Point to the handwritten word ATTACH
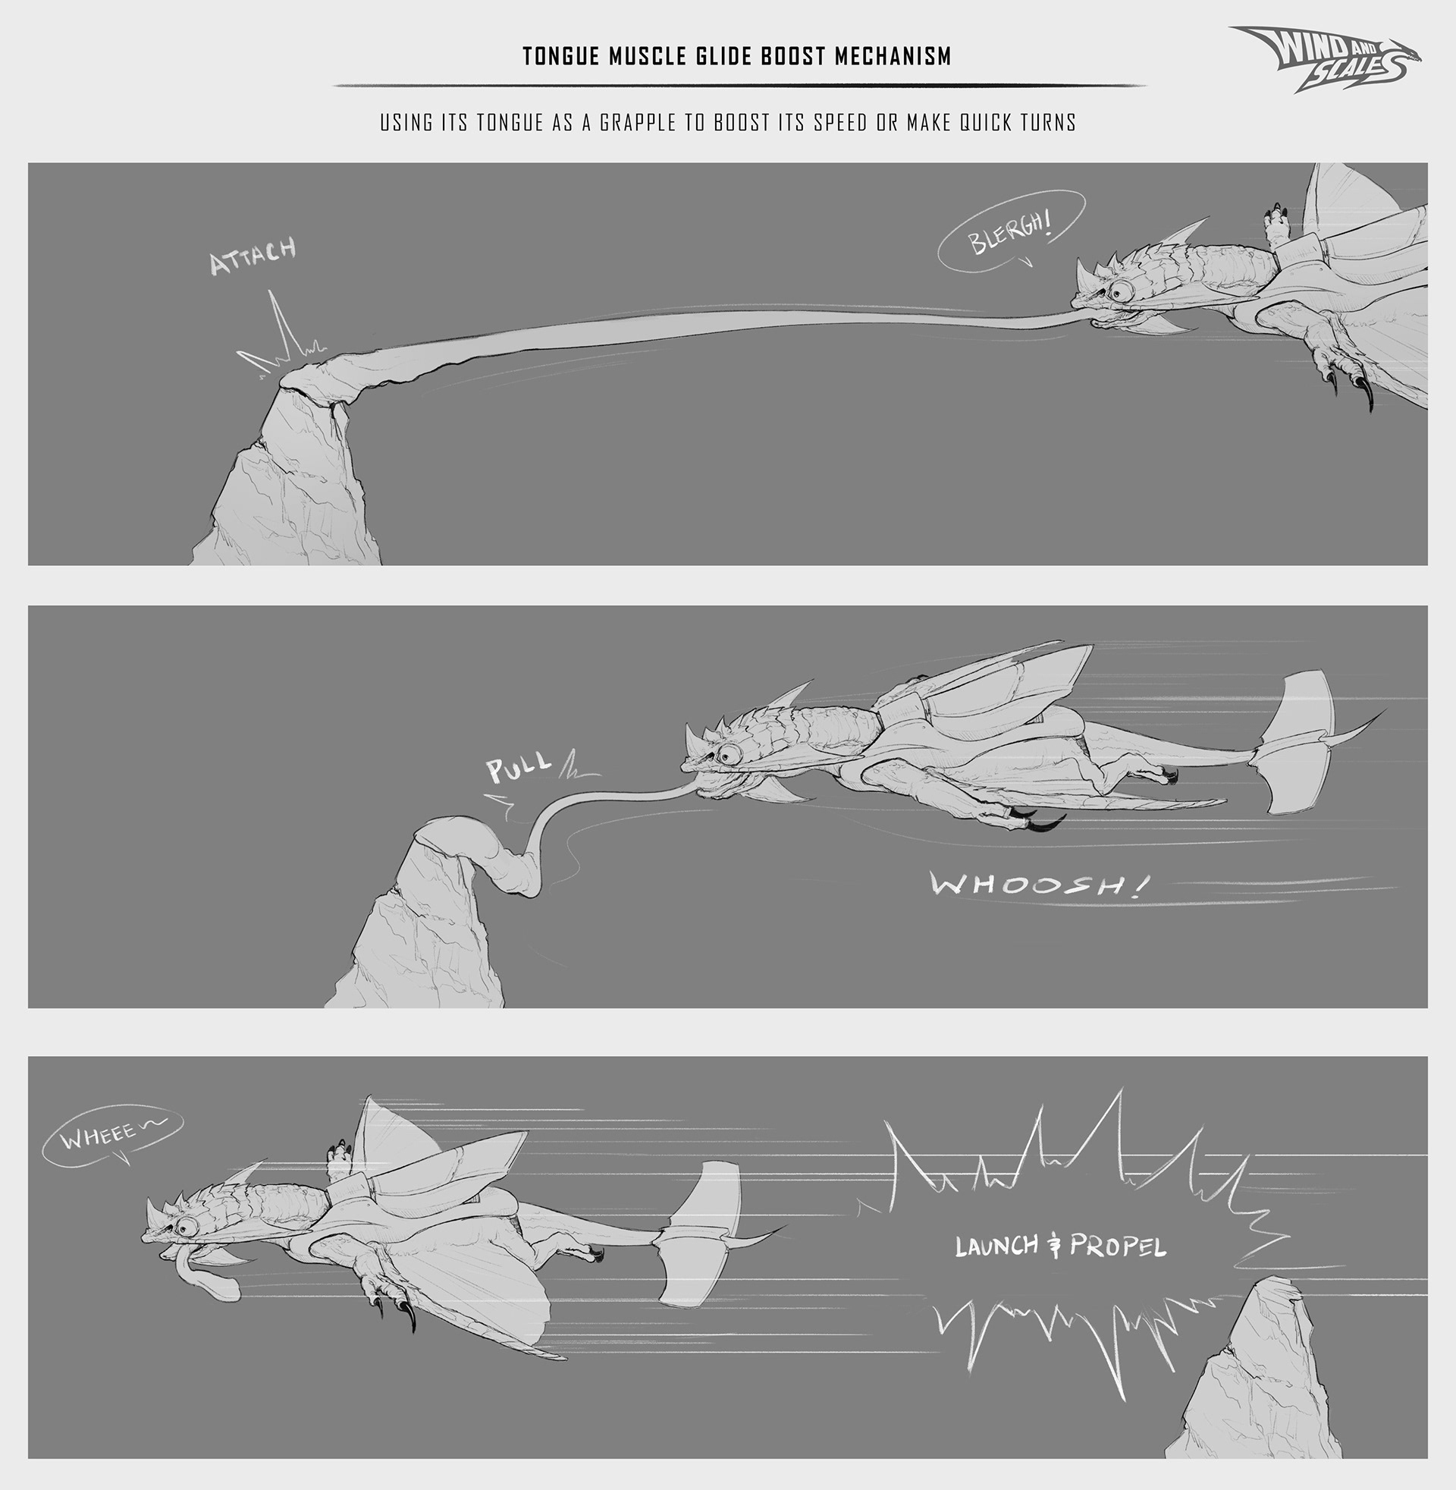point(253,256)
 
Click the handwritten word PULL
point(519,768)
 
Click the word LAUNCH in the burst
point(996,1246)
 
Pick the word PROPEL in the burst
point(1117,1246)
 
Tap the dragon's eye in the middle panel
point(729,754)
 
